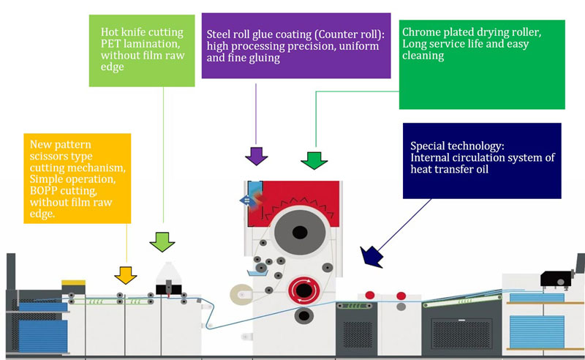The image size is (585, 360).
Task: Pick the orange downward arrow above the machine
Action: pos(125,275)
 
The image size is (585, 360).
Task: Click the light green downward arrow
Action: pos(162,241)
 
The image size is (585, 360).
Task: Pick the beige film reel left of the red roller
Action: pos(239,295)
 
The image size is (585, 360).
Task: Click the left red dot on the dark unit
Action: pos(370,295)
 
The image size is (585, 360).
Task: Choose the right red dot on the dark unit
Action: pos(400,295)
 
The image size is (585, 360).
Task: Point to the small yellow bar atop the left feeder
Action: pos(73,282)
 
